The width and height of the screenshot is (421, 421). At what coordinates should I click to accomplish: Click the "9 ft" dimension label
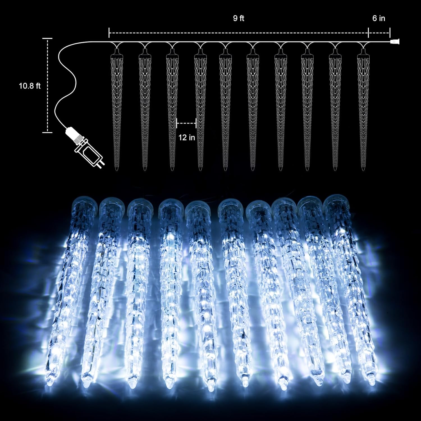(239, 18)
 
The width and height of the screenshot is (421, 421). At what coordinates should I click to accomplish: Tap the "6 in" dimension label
(379, 18)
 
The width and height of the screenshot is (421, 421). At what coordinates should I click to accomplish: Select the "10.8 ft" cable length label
(30, 86)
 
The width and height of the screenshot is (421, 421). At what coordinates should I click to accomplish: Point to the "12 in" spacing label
(187, 138)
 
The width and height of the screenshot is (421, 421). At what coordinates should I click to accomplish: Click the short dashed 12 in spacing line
(186, 123)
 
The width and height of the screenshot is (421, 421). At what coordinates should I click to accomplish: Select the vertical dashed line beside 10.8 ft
(48, 85)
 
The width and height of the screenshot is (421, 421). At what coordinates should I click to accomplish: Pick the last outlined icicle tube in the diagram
(364, 109)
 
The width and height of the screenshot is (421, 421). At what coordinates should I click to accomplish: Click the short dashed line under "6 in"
(379, 33)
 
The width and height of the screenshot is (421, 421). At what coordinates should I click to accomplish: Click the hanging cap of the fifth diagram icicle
(226, 52)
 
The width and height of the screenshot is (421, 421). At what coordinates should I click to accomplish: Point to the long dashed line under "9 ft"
(239, 33)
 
